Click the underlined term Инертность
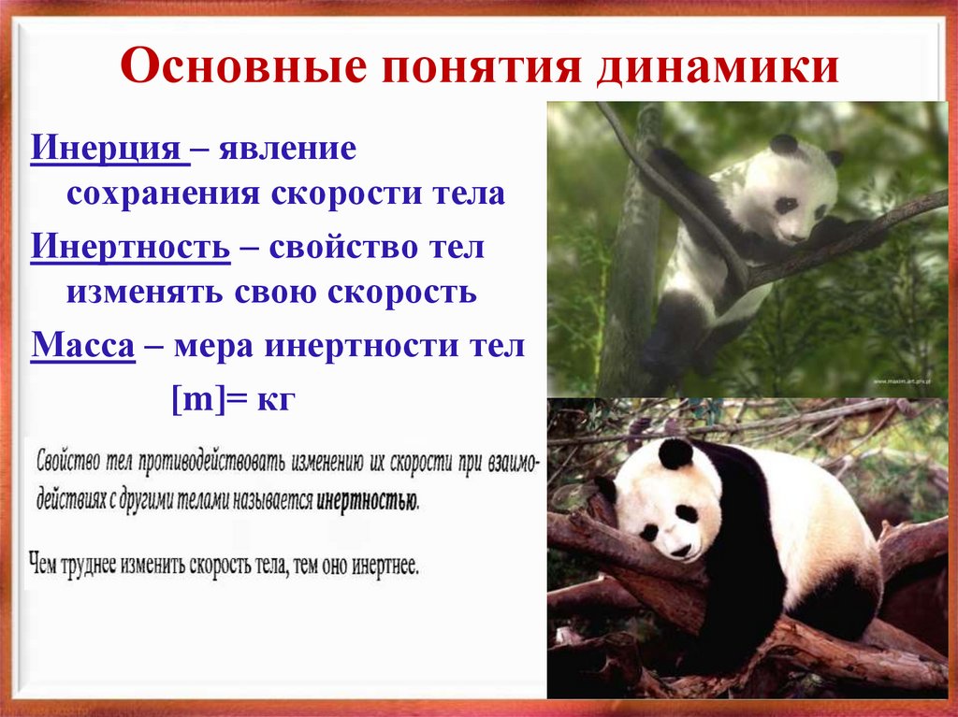pyautogui.click(x=131, y=249)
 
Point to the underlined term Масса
pyautogui.click(x=83, y=348)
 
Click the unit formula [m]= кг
pyautogui.click(x=233, y=399)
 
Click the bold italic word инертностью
pyautogui.click(x=367, y=499)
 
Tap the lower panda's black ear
pyautogui.click(x=675, y=454)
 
